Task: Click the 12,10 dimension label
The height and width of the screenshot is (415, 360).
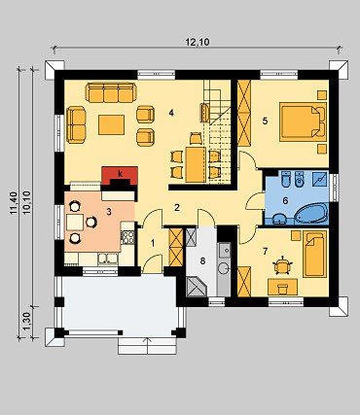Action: [198, 42]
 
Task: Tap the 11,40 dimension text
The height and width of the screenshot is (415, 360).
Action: [14, 203]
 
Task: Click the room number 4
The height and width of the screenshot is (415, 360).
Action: [171, 113]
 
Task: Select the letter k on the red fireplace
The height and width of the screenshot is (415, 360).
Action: [121, 174]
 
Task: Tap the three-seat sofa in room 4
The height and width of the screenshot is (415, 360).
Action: [110, 92]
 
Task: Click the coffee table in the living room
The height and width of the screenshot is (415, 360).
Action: [111, 124]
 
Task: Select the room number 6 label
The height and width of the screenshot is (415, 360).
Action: [285, 201]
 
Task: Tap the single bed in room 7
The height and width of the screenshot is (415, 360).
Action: [314, 254]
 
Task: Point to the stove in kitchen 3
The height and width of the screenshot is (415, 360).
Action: [128, 237]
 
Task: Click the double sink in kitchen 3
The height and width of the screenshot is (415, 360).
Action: [108, 259]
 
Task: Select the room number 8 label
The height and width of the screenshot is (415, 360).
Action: [202, 260]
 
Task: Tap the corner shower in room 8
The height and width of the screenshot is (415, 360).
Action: [196, 286]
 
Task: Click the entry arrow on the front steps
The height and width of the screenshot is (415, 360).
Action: [149, 346]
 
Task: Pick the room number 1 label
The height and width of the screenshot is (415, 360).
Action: [153, 243]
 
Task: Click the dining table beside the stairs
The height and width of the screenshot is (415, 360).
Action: [196, 164]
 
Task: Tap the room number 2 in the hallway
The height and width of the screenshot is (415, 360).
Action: [177, 208]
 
